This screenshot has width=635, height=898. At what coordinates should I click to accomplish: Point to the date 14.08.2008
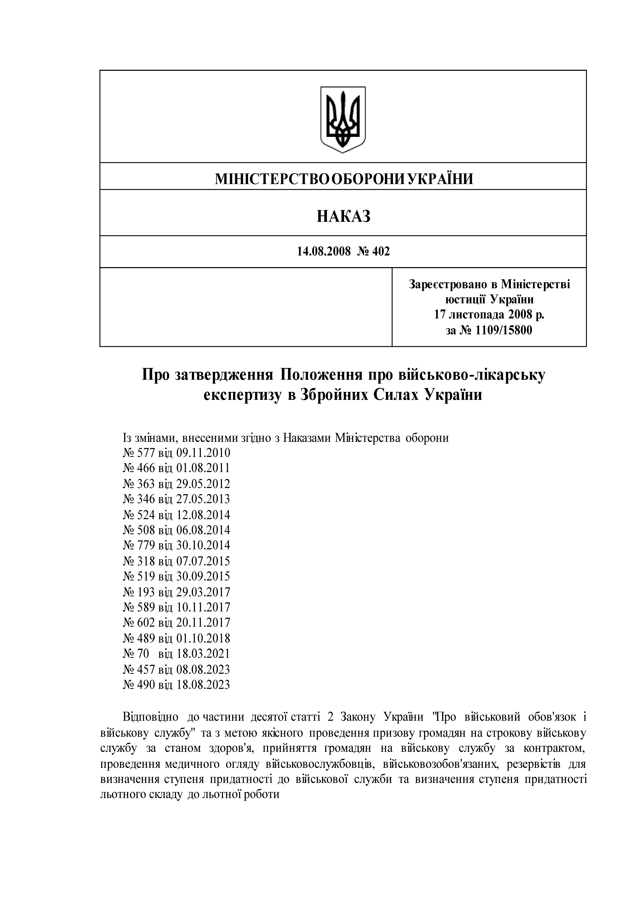tap(324, 252)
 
